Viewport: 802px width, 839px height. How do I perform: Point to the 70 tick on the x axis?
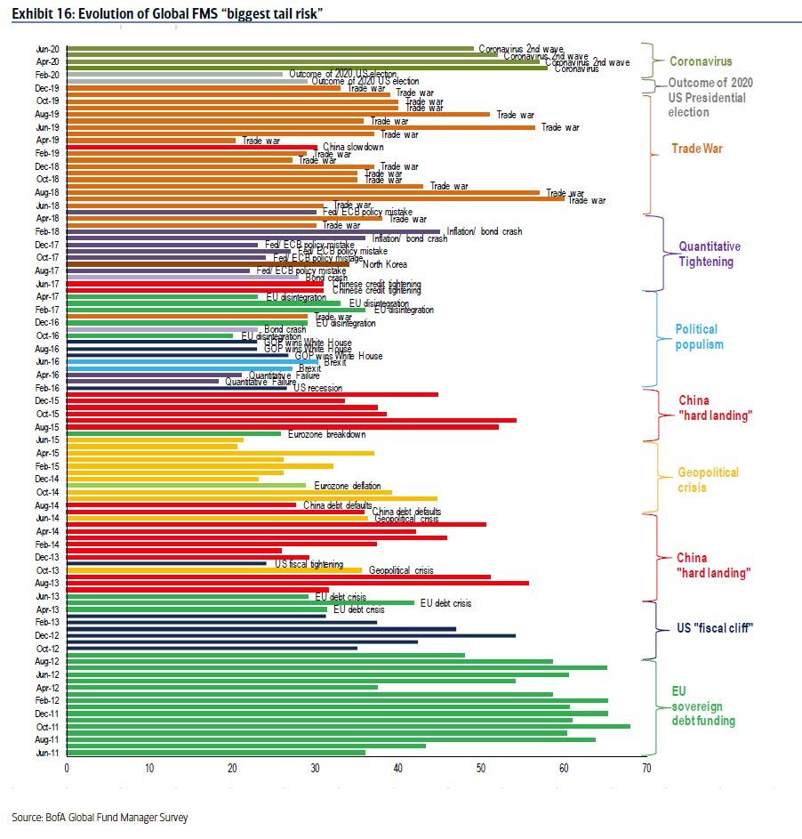pyautogui.click(x=646, y=769)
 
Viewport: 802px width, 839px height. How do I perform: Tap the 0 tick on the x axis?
pyautogui.click(x=67, y=769)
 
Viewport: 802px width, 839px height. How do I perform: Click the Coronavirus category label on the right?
pyautogui.click(x=701, y=61)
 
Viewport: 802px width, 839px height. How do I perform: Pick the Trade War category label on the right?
pyautogui.click(x=697, y=149)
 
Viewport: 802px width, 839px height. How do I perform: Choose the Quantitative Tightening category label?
pyautogui.click(x=709, y=254)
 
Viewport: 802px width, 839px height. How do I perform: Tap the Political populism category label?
pyautogui.click(x=699, y=336)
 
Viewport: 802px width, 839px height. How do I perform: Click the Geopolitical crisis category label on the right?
pyautogui.click(x=708, y=480)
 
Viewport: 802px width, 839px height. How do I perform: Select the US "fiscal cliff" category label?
pyautogui.click(x=716, y=628)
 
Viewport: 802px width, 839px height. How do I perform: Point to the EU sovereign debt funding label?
pyautogui.click(x=702, y=706)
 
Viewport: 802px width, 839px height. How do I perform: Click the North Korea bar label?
pyautogui.click(x=385, y=263)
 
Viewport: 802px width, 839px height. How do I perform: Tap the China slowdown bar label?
pyautogui.click(x=353, y=147)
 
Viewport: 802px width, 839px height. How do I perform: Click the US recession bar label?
pyautogui.click(x=318, y=389)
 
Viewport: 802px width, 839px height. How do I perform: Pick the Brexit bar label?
pyautogui.click(x=310, y=368)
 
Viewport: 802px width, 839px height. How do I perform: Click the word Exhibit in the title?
pyautogui.click(x=31, y=12)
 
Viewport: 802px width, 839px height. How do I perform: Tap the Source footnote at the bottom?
pyautogui.click(x=100, y=817)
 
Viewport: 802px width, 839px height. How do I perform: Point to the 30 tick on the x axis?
pyautogui.click(x=315, y=769)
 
